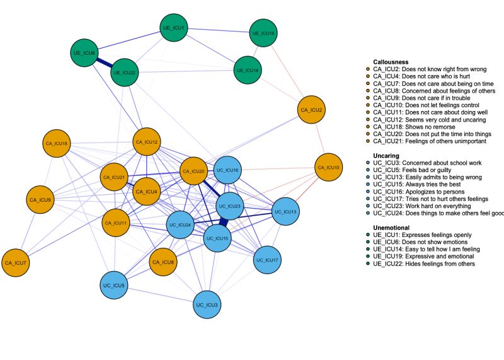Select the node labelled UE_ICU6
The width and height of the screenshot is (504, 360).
click(x=84, y=53)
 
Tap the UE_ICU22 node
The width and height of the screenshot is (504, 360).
click(x=124, y=73)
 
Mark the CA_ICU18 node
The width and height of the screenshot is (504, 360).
click(x=56, y=144)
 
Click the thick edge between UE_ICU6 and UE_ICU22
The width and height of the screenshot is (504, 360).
click(x=105, y=63)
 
